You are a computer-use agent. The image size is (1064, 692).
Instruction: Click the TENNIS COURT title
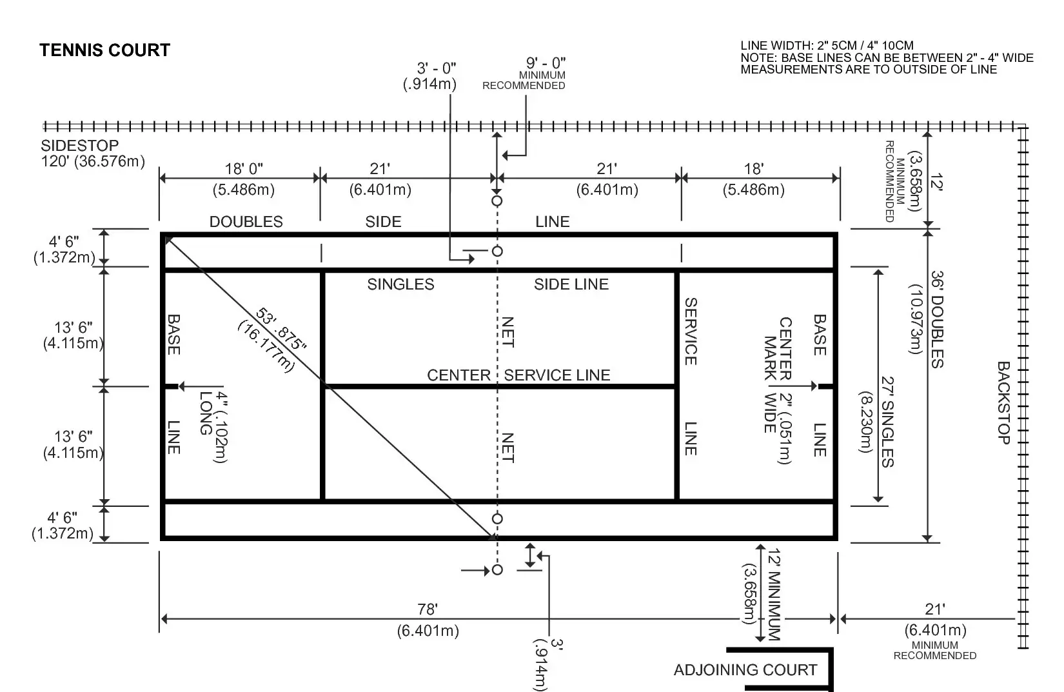point(104,50)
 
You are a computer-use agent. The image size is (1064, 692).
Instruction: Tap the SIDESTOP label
point(80,145)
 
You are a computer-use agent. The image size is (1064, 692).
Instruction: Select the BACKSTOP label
point(1003,403)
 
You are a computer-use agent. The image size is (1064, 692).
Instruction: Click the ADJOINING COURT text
point(745,669)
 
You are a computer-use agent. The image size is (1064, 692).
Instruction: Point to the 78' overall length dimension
point(428,609)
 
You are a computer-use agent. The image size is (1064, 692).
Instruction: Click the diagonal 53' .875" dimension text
point(281,329)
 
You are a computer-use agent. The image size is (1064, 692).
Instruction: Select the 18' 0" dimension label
point(244,168)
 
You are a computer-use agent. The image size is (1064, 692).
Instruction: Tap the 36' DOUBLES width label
point(937,319)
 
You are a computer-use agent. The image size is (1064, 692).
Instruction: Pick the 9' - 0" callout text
point(546,63)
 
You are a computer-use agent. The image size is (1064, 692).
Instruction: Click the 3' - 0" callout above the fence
point(436,68)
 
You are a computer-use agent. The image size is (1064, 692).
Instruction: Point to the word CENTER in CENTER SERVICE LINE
point(458,375)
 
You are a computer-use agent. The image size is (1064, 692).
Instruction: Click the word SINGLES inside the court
point(400,284)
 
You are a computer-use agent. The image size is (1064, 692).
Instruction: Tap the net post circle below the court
point(497,569)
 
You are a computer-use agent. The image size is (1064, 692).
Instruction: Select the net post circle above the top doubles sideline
point(497,201)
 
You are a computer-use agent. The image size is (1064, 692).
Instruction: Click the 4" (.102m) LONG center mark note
point(213,426)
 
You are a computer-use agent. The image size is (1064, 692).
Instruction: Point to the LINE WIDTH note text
point(827,46)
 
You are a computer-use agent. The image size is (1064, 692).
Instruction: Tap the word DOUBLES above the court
point(246,221)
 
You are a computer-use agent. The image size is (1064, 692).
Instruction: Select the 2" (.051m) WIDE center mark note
point(778,428)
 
